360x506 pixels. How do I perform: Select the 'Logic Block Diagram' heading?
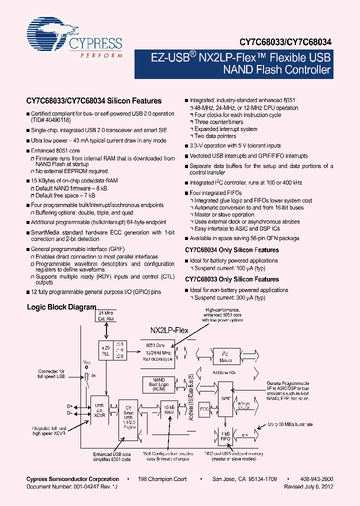point(61,307)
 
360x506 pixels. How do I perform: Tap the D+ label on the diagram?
point(69,406)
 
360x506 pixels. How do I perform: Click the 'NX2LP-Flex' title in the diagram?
point(169,330)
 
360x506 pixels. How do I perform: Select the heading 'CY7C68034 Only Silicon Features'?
point(231,250)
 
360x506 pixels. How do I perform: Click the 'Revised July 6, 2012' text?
point(308,486)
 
